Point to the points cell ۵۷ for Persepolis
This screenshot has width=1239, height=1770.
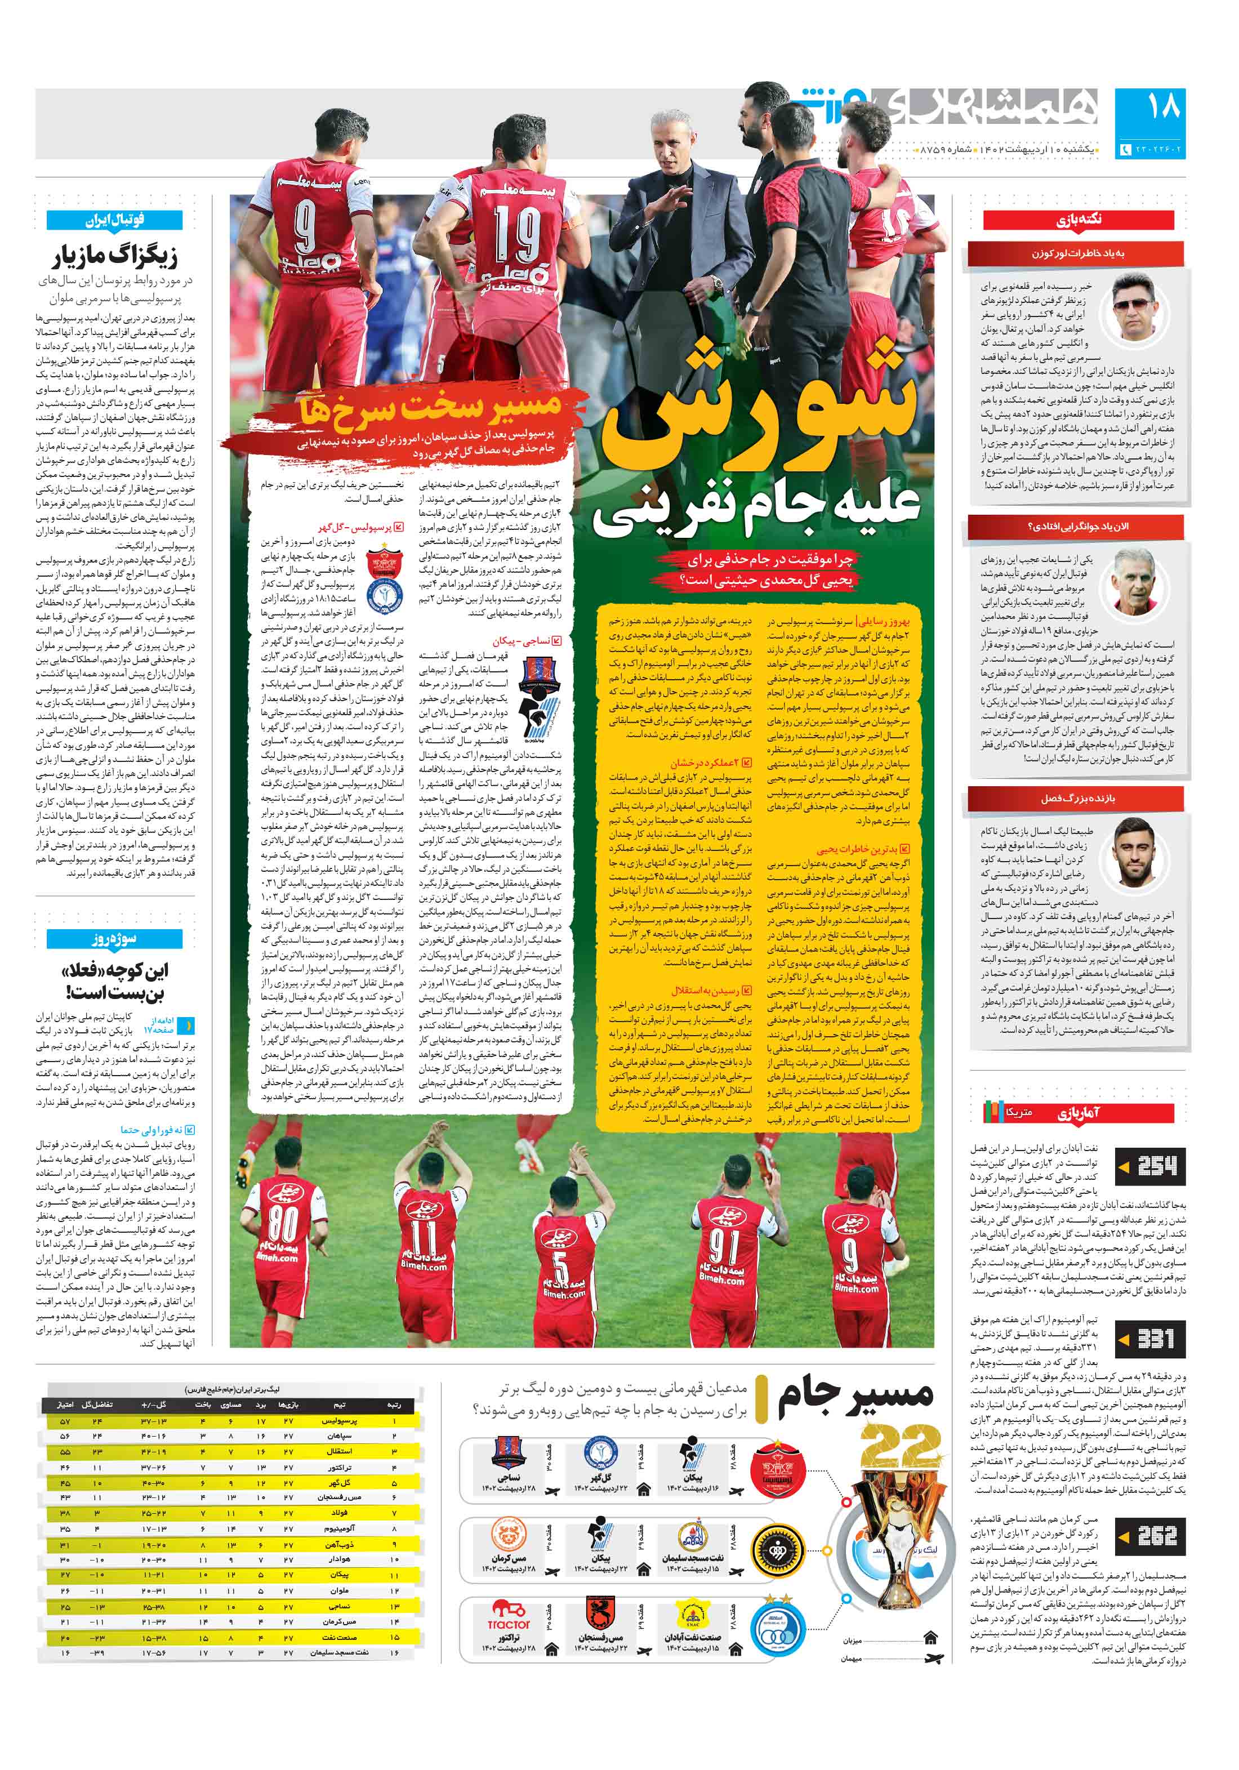(65, 1421)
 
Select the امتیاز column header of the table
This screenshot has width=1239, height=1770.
(65, 1406)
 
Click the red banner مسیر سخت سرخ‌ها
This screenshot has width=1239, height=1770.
(427, 409)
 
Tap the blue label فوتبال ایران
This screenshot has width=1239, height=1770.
(114, 220)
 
